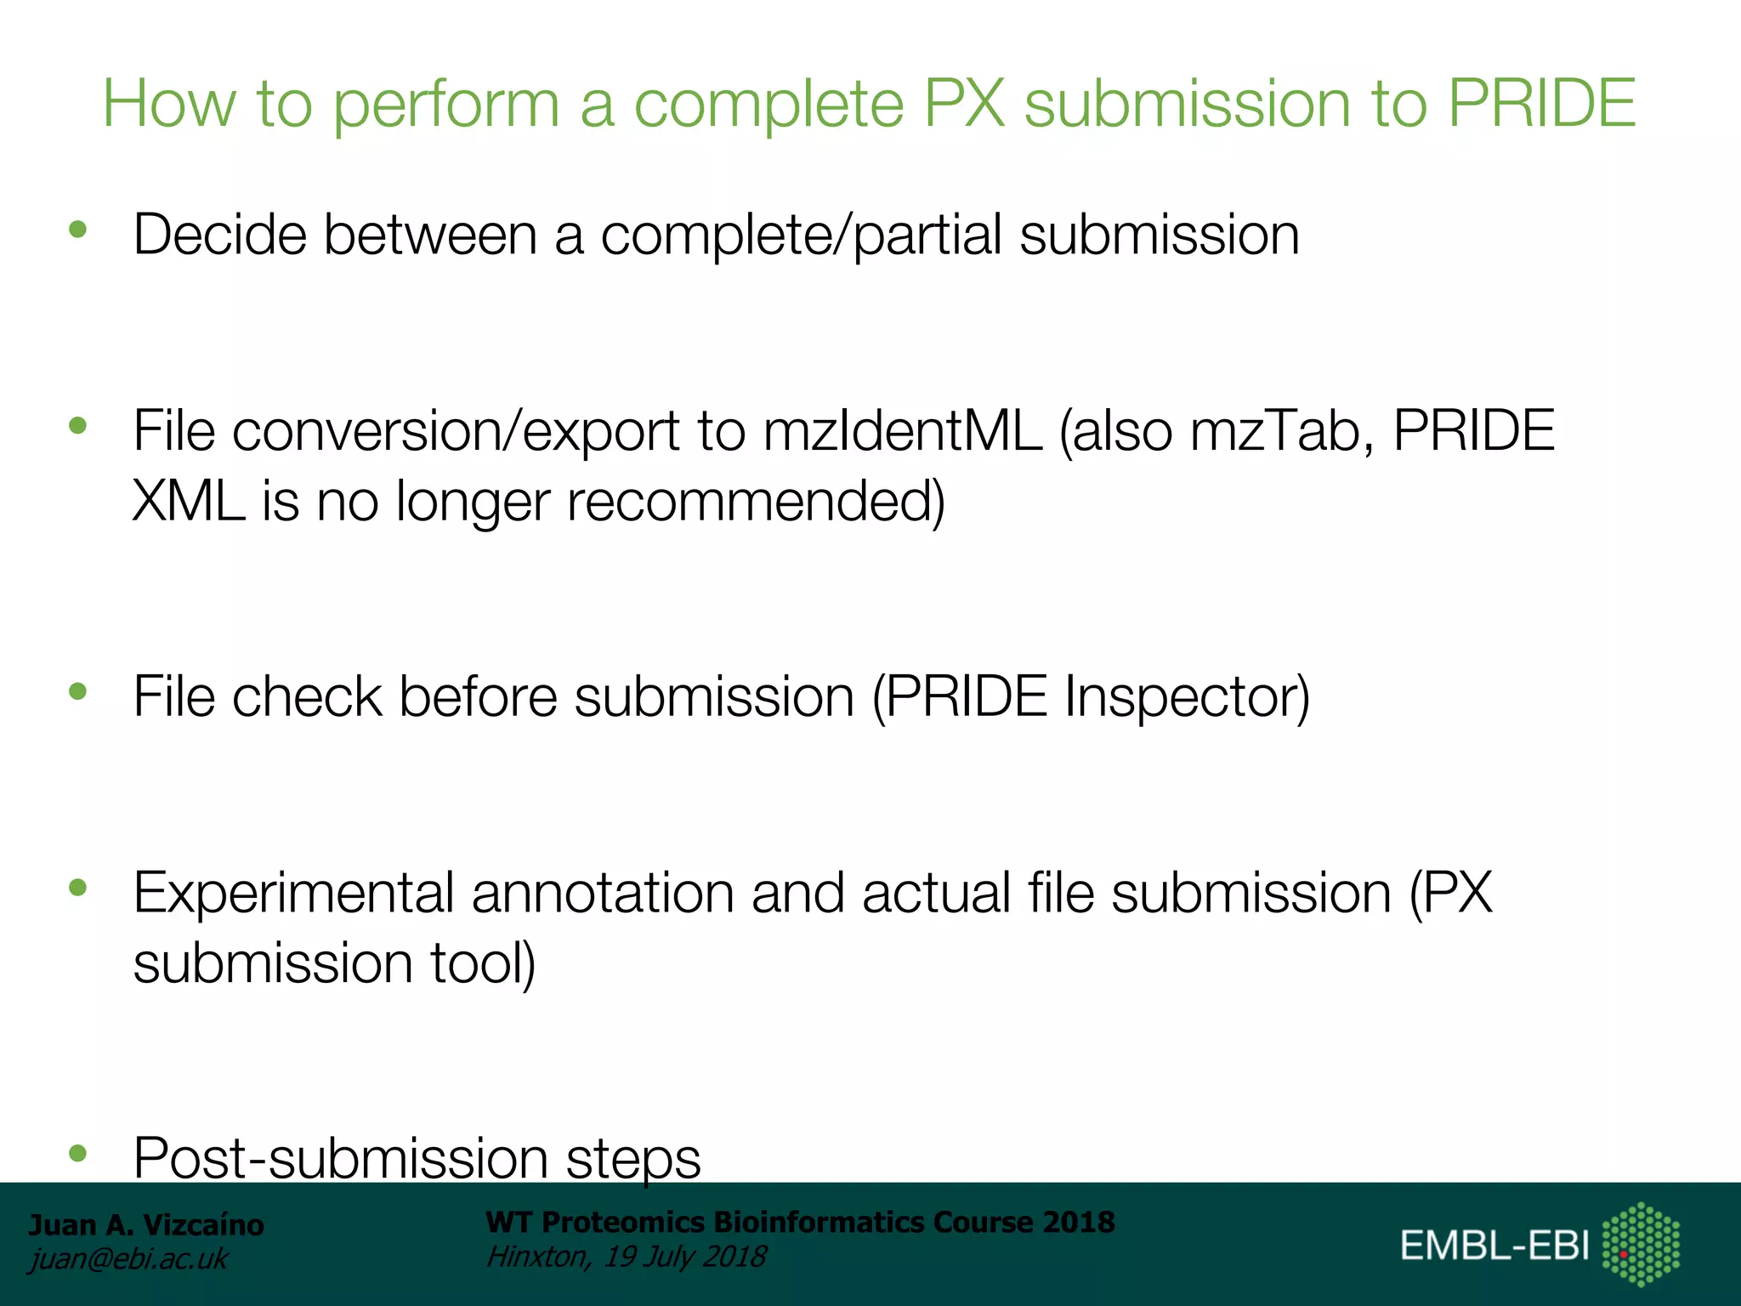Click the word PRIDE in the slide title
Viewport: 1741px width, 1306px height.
click(x=1541, y=104)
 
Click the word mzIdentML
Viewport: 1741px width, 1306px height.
click(x=902, y=431)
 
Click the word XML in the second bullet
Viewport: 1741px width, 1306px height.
click(x=188, y=502)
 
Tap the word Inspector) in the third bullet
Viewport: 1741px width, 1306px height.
click(x=1187, y=698)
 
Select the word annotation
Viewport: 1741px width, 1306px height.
click(x=602, y=894)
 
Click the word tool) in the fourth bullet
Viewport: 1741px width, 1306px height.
click(x=482, y=964)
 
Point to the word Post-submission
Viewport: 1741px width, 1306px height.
click(x=340, y=1158)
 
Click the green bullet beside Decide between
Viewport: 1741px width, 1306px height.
click(x=78, y=229)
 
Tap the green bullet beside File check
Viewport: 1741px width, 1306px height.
click(x=78, y=691)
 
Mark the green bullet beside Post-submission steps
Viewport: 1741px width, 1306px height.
click(x=78, y=1153)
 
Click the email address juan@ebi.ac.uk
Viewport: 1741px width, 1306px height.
click(x=128, y=1259)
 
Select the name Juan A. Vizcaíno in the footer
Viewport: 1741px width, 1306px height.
click(x=146, y=1225)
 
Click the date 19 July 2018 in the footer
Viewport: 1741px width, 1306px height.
click(x=684, y=1257)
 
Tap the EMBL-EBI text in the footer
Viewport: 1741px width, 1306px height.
click(x=1494, y=1246)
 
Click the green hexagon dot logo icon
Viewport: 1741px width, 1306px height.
click(x=1641, y=1244)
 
